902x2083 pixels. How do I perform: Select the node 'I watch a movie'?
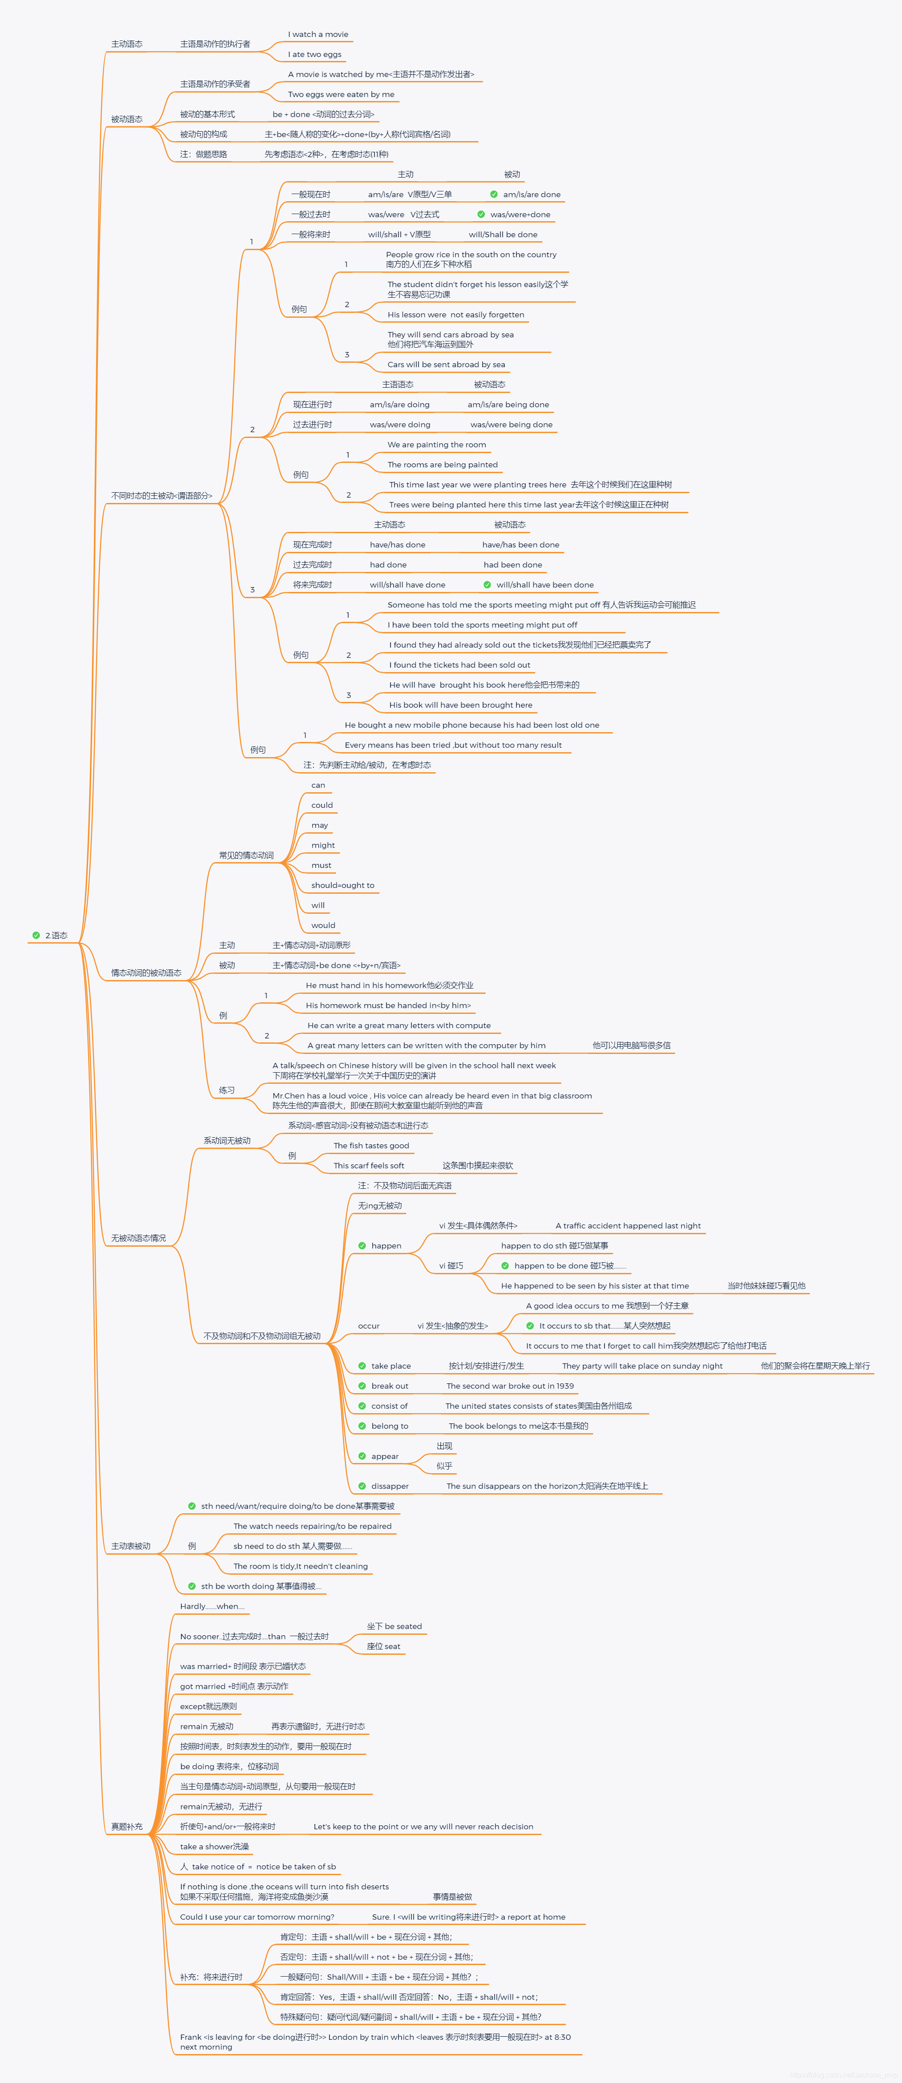point(318,35)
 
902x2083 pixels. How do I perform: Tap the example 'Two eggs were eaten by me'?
point(341,95)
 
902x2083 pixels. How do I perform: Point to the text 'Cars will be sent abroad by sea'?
point(446,365)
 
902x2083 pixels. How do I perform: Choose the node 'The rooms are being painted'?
point(442,465)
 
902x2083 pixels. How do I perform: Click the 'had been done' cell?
point(513,565)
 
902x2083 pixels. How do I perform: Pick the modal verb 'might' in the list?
point(323,845)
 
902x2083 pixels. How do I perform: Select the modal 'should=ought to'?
point(343,885)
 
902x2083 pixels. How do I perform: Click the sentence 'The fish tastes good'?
point(371,1146)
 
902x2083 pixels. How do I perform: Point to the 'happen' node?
point(385,1246)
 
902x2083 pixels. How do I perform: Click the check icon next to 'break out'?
point(362,1386)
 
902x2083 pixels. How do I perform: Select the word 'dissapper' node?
point(389,1486)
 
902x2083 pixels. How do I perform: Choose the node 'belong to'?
point(389,1426)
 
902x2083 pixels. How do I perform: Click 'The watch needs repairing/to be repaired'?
point(312,1527)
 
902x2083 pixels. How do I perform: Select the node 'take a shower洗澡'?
point(214,1847)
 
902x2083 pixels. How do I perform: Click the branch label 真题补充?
point(127,1827)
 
